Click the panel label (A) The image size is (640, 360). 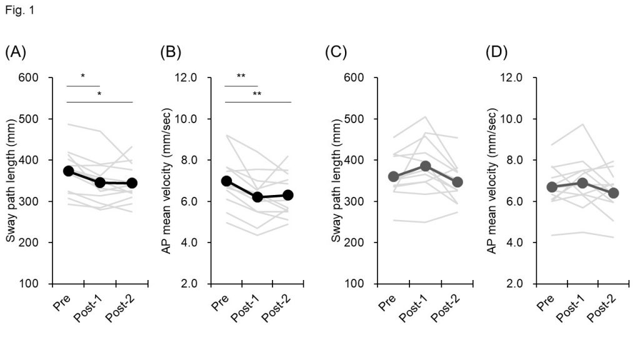(x=16, y=52)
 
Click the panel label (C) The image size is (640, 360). (x=336, y=52)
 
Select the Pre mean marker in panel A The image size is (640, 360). (x=69, y=171)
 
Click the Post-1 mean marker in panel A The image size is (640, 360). (x=100, y=182)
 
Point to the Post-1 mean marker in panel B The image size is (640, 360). (x=257, y=197)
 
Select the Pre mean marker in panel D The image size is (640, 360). (x=551, y=187)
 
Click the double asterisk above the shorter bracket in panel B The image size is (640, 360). (x=241, y=77)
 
